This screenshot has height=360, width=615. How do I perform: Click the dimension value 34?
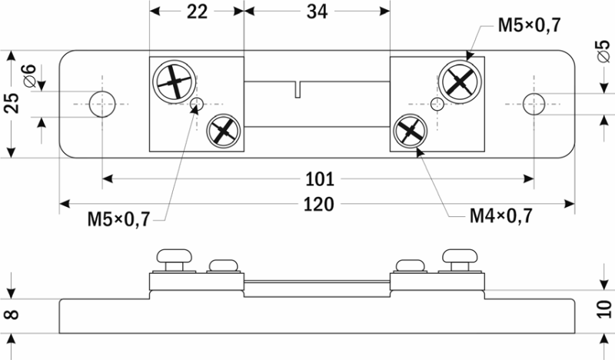[315, 12]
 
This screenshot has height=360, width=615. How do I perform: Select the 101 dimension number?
[319, 180]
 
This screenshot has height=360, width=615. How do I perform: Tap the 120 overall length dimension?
[319, 205]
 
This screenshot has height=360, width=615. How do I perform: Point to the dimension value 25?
[12, 103]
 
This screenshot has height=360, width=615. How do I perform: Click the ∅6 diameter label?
[29, 77]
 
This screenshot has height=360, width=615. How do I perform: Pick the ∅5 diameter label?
[603, 52]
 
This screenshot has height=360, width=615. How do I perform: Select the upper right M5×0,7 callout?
[529, 26]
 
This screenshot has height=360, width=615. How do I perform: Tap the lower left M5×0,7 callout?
[118, 220]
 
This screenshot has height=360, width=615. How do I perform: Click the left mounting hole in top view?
[101, 103]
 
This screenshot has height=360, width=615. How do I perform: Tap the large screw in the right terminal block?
[459, 80]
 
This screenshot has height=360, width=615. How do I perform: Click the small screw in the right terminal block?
[410, 132]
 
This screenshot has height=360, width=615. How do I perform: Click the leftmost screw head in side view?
[175, 256]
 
